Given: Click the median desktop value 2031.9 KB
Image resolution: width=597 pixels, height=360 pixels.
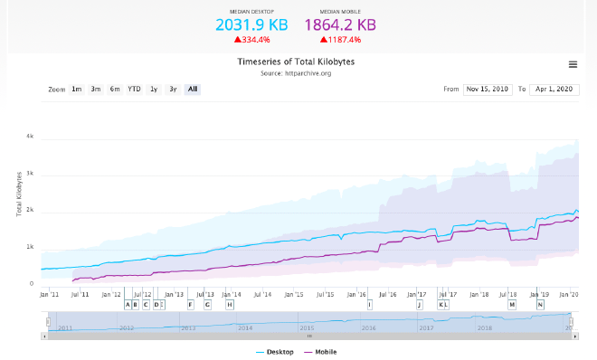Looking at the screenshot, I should coord(252,25).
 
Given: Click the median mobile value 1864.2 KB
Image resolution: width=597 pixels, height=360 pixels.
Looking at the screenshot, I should coord(340,25).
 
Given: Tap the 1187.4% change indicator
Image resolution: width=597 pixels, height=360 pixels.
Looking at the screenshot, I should coord(340,40).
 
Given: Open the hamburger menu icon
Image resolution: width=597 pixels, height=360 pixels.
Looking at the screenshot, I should coord(573,64).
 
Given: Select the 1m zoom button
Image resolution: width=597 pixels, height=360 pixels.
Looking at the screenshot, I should coord(77,89).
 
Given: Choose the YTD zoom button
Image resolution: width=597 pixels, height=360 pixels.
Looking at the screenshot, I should coord(134,89).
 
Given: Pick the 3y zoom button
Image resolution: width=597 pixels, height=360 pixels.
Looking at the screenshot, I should coord(173,89).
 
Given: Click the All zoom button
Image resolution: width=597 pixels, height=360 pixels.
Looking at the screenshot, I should coord(193,89).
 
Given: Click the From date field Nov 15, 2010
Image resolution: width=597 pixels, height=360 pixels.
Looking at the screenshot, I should coord(488,90).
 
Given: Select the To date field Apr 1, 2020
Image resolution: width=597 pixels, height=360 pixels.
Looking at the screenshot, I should coord(554,90).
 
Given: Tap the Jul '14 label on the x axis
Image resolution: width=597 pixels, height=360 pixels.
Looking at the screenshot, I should coord(262,294).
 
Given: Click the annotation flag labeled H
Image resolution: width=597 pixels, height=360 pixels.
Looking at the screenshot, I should coord(230,305).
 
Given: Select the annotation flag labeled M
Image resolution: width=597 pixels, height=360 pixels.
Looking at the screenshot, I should coord(512,305).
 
